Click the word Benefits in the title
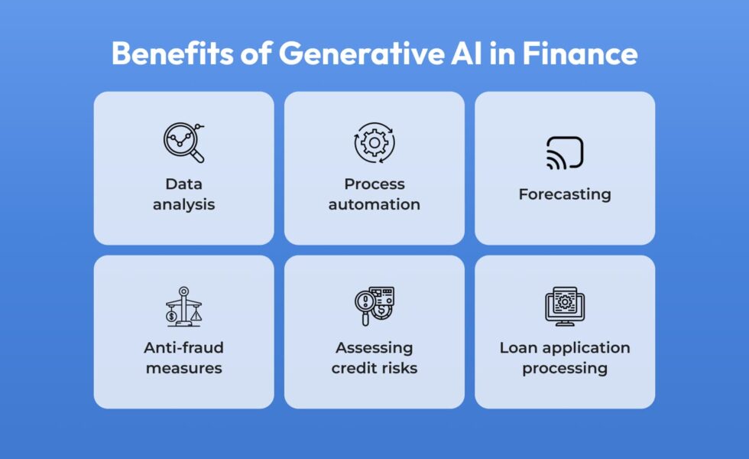[x=173, y=53]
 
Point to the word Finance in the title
[x=580, y=53]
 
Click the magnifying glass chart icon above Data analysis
[x=184, y=142]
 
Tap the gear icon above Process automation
[x=374, y=142]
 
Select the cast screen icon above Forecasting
[x=565, y=153]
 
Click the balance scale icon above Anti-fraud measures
[x=184, y=307]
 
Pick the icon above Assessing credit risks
[x=374, y=307]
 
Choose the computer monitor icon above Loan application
[x=565, y=307]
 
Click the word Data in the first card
[x=184, y=184]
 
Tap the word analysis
[x=184, y=205]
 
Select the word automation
[x=374, y=205]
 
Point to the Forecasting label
[x=565, y=194]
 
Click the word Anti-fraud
[x=184, y=347]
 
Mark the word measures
[x=184, y=368]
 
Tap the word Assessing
[x=374, y=348]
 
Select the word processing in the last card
[x=565, y=369]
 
